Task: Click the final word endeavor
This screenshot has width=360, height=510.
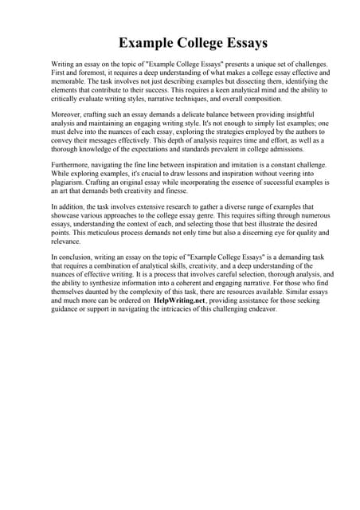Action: tap(260, 332)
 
